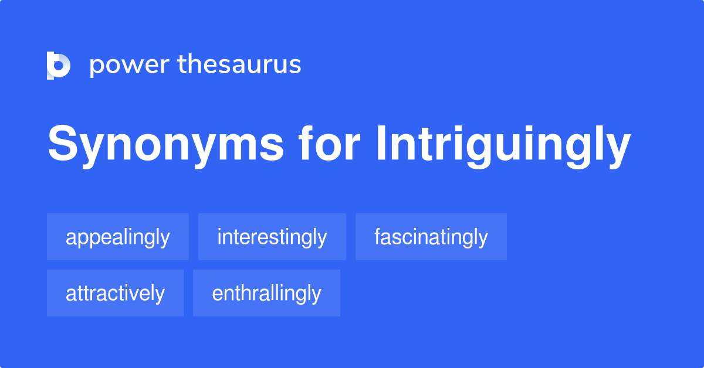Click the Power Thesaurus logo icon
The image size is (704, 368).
[59, 65]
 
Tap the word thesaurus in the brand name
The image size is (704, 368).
[239, 64]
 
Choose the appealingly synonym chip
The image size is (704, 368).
[118, 237]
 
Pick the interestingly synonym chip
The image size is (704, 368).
[272, 237]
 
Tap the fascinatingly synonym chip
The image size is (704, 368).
[431, 237]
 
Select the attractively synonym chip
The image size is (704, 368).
[115, 293]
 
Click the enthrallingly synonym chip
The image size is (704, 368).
[266, 293]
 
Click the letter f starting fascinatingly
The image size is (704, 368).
[377, 236]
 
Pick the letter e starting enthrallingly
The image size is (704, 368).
[216, 294]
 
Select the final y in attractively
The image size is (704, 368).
[160, 295]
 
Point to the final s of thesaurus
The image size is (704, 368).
[296, 66]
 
